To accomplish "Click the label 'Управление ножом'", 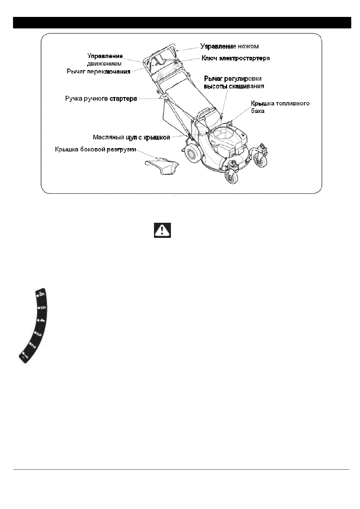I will coord(230,46).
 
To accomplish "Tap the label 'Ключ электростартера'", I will coord(236,58).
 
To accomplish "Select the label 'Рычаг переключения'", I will coord(99,72).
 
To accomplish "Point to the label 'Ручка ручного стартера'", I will coord(101,99).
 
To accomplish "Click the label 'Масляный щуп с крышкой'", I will coord(131,137).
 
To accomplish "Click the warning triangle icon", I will coord(162,231).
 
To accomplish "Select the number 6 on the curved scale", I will coord(41,295).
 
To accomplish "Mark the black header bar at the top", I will coord(182,23).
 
